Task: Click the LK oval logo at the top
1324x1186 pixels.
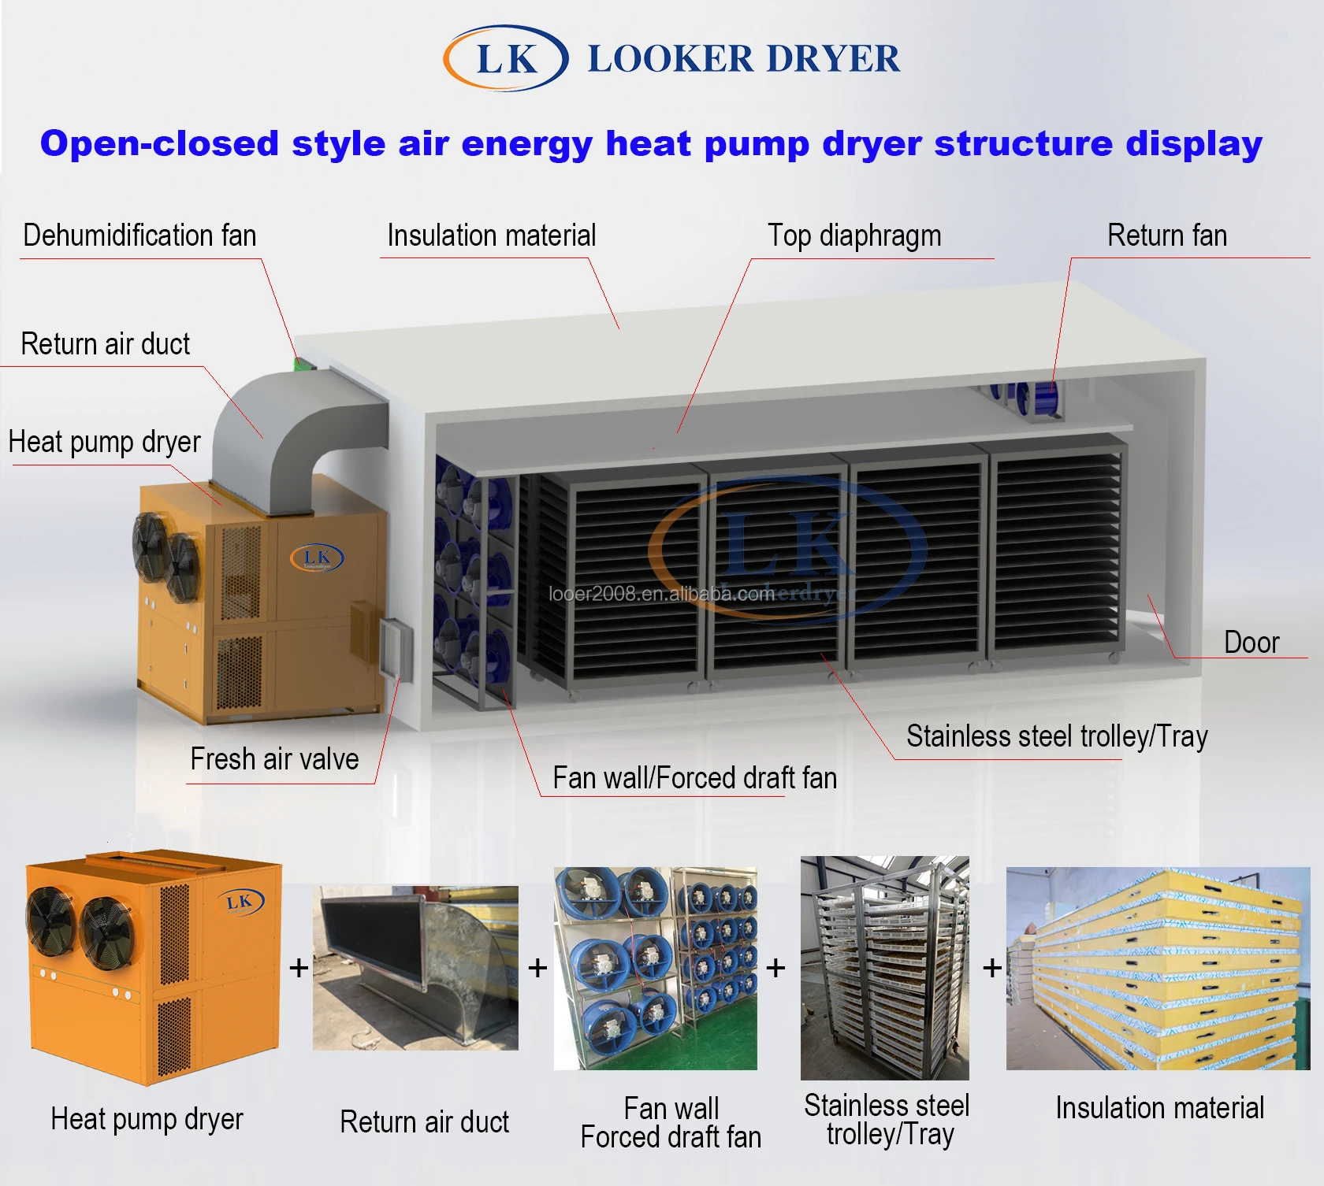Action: coord(506,58)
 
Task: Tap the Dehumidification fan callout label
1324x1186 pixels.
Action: coord(139,235)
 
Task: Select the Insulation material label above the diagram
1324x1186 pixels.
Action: coord(491,235)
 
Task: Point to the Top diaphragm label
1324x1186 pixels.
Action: coord(854,235)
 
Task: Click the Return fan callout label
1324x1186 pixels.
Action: coord(1166,235)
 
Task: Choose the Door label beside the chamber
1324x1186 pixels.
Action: coord(1251,643)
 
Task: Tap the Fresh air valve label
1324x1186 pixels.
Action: coord(274,759)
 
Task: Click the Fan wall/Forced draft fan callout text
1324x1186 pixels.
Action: coord(694,778)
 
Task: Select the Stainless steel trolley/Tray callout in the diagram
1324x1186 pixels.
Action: coord(1057,736)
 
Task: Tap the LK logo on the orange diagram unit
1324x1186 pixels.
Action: coord(318,558)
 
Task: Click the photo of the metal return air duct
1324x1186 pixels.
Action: coord(415,968)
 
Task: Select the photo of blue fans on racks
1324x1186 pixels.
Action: coord(655,968)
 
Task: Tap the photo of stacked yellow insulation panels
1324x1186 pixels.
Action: coord(1158,968)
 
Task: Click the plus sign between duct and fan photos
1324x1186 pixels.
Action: coord(537,967)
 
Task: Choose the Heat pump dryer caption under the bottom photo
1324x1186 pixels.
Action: coord(147,1119)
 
